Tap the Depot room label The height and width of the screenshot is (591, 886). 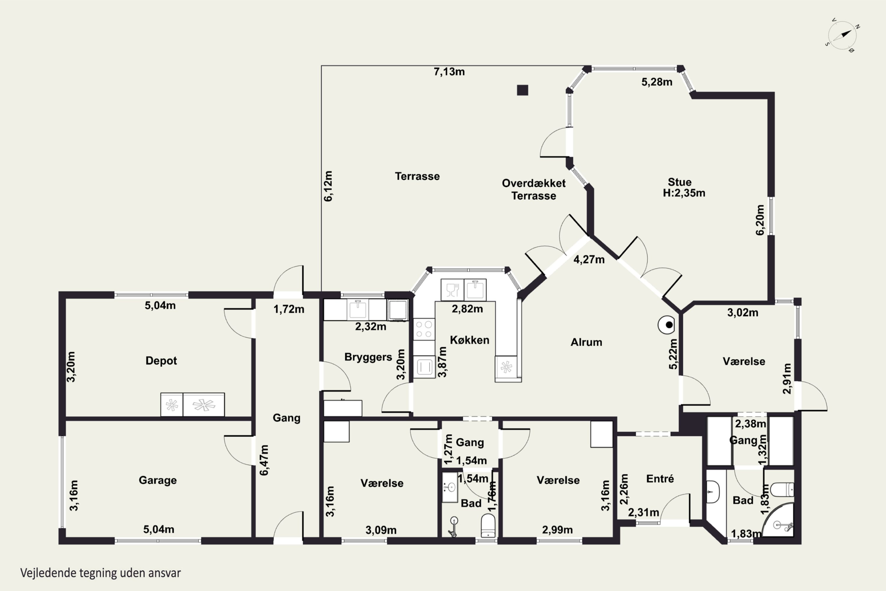pos(161,361)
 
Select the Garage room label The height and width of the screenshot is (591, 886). pos(157,480)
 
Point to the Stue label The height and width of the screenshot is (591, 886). pos(680,182)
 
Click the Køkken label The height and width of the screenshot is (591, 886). pos(469,340)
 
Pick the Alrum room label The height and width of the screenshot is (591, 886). pos(586,342)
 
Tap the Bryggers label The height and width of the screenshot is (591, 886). pos(368,357)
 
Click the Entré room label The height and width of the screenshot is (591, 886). pos(660,479)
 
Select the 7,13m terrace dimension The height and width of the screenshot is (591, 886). pos(449,72)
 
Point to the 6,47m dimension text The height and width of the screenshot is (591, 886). pos(264,460)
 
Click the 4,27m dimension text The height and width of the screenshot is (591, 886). pos(589,259)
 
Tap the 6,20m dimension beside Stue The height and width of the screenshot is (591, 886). pos(760,220)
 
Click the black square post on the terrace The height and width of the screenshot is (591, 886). pos(522,90)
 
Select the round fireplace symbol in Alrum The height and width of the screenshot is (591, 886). pos(666,325)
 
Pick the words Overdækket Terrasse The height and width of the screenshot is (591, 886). pos(533,190)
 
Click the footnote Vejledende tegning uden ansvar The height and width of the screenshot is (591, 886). pos(101,573)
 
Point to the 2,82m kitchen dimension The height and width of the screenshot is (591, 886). pos(467,309)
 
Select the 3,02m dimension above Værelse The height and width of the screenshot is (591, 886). pos(742,312)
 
